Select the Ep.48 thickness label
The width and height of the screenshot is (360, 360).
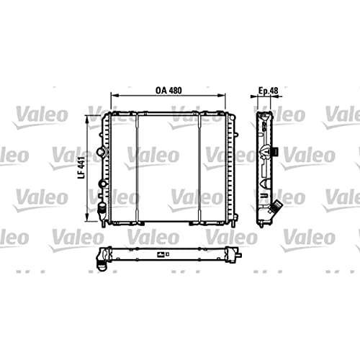(x=269, y=91)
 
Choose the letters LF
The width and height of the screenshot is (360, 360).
(x=81, y=177)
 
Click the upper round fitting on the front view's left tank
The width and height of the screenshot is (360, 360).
(x=102, y=153)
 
